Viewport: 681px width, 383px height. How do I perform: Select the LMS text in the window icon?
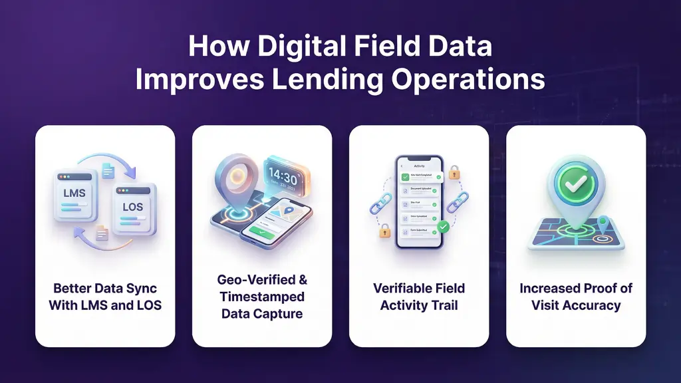(73, 192)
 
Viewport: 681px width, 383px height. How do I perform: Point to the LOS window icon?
(133, 208)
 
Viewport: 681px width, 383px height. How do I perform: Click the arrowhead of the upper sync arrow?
(130, 172)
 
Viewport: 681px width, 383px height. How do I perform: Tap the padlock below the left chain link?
(384, 231)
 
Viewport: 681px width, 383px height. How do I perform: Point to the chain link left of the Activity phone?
(380, 201)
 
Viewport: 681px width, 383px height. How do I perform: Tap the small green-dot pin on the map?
(603, 223)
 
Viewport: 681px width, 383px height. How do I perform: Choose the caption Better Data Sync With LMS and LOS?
(105, 297)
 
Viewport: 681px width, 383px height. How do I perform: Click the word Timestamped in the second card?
(262, 297)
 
